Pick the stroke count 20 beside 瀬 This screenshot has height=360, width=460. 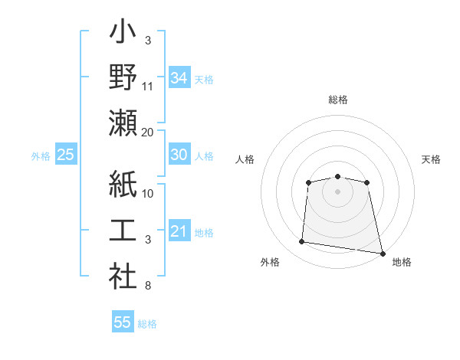(148, 132)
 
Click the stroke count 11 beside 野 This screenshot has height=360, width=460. (148, 87)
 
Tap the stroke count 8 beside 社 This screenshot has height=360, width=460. (148, 286)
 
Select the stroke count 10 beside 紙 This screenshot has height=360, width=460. (148, 194)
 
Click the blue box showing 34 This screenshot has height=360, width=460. (179, 77)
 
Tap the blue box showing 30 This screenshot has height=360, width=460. (179, 155)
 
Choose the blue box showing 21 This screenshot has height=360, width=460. (179, 231)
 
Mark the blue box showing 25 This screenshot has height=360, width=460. (65, 155)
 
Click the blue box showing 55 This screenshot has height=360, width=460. (123, 322)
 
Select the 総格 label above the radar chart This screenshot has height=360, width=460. (337, 100)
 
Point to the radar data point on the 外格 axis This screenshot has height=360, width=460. (302, 242)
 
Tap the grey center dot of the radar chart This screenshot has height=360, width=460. (337, 191)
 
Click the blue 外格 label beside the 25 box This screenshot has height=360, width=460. (41, 156)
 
